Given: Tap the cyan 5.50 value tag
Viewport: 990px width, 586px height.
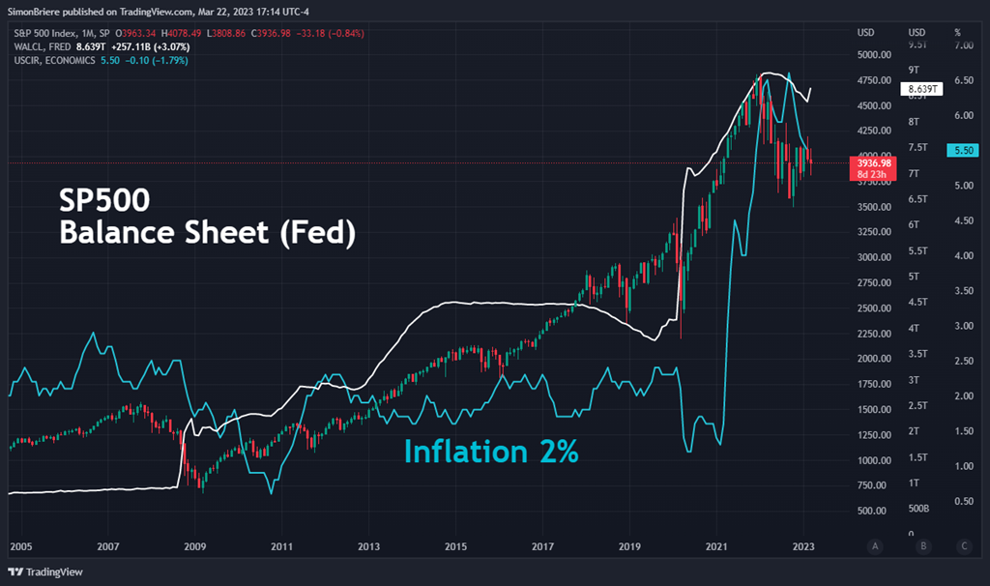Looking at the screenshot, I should (964, 151).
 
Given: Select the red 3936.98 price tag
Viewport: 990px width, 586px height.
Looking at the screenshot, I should (867, 163).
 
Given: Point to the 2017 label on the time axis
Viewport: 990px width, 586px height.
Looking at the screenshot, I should (541, 545).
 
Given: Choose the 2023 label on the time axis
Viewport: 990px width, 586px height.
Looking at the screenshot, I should (803, 545).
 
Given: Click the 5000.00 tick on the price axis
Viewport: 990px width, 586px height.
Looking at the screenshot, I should (878, 55).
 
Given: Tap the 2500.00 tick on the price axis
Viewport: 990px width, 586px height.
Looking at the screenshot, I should (878, 308).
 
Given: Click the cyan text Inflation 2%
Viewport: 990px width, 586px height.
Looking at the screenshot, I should (491, 451).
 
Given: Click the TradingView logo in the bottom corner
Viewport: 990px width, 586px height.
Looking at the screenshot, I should (47, 571).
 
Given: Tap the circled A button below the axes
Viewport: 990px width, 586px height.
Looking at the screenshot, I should (874, 546).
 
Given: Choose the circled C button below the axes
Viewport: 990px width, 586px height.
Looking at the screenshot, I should (963, 546).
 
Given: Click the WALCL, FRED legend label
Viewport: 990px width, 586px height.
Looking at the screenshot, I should (41, 46).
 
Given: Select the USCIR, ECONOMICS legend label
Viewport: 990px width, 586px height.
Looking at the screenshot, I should (52, 60).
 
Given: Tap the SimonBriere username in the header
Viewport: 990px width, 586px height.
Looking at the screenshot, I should (35, 12).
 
